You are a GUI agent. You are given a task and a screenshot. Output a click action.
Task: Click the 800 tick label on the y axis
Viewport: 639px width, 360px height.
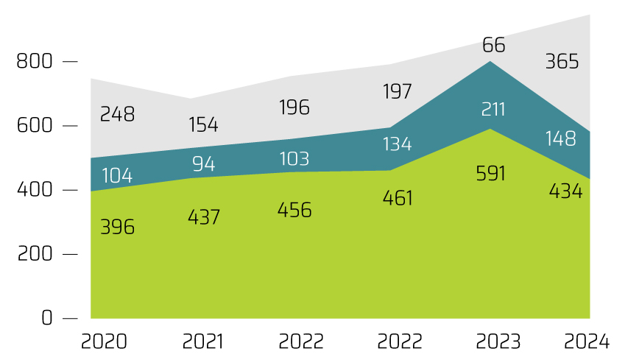pos(34,61)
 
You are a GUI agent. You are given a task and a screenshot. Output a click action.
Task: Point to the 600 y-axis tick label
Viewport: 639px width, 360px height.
pos(34,126)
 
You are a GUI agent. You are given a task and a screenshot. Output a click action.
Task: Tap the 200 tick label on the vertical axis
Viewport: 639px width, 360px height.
pos(34,254)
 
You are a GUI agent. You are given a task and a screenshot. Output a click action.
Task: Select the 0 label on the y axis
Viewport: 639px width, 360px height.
pos(47,318)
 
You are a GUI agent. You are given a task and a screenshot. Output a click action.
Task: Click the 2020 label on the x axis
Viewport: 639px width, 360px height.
pos(104,342)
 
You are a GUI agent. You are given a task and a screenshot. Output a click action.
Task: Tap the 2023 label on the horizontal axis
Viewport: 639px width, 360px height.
pos(498,342)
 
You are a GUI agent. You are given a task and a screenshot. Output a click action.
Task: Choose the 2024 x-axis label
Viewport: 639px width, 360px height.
pos(586,342)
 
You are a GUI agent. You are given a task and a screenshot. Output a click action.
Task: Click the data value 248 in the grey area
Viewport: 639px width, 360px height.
pos(117,115)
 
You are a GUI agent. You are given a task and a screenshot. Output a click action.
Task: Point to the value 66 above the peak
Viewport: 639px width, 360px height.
pos(494,46)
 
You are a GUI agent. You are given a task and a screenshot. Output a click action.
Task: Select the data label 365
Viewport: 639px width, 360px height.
pos(562,62)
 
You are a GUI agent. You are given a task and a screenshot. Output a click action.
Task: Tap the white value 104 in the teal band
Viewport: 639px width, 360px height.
pos(118,175)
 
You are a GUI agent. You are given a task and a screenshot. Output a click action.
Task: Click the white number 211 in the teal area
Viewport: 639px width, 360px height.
pos(493,110)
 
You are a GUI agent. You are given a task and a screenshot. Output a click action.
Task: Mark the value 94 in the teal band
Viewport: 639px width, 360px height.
pos(203,163)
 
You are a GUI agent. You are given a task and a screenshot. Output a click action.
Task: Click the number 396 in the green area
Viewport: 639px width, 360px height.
pos(117,227)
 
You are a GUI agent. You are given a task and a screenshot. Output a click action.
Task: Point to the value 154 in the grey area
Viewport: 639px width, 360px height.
pos(203,125)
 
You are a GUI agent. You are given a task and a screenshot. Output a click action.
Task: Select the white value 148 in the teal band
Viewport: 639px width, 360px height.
pos(562,138)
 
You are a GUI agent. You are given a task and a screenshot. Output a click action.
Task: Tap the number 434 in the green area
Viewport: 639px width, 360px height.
pos(565,191)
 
